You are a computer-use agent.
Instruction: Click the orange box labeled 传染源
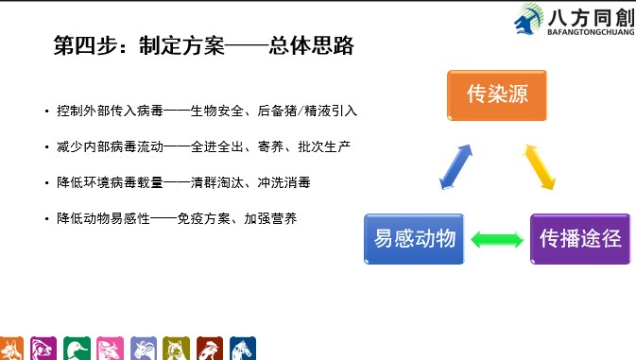point(496,94)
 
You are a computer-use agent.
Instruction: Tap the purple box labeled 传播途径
point(579,238)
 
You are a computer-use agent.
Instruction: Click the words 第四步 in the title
point(80,45)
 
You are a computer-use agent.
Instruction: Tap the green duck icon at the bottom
point(77,348)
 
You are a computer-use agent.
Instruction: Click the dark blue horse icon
point(243,348)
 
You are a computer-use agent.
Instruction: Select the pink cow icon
point(110,348)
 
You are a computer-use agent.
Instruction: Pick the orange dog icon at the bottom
point(11,348)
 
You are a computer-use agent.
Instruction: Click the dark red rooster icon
point(210,348)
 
